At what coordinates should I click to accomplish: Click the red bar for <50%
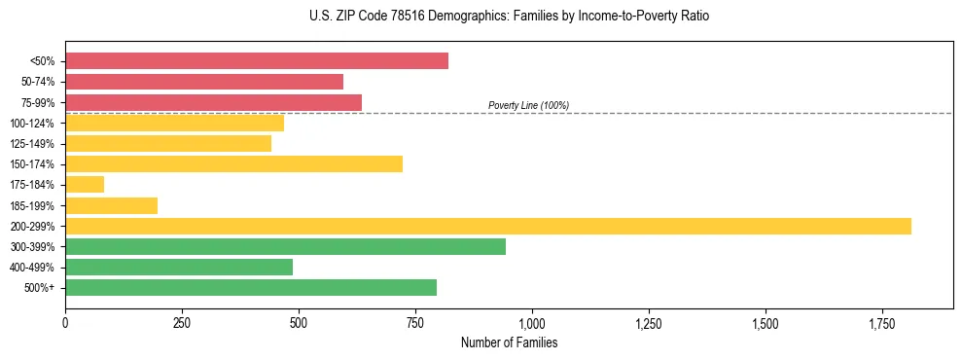click(x=257, y=61)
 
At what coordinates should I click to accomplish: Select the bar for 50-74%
click(x=204, y=82)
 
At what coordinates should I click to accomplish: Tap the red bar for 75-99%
click(x=213, y=102)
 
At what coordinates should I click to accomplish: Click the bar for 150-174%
click(x=233, y=163)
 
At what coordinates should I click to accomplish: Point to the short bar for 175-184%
click(x=85, y=184)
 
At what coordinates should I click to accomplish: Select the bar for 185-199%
click(x=111, y=205)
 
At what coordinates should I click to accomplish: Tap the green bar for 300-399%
click(x=285, y=246)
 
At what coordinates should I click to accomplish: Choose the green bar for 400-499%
click(x=179, y=267)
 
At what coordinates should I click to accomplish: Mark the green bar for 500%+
click(x=251, y=287)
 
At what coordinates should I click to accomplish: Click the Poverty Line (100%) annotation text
click(x=528, y=105)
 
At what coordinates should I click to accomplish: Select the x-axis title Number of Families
click(x=509, y=342)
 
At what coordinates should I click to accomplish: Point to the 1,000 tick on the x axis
click(x=532, y=323)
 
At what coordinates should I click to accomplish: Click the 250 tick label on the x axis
click(x=182, y=323)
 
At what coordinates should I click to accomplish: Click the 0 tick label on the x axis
click(x=65, y=323)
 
